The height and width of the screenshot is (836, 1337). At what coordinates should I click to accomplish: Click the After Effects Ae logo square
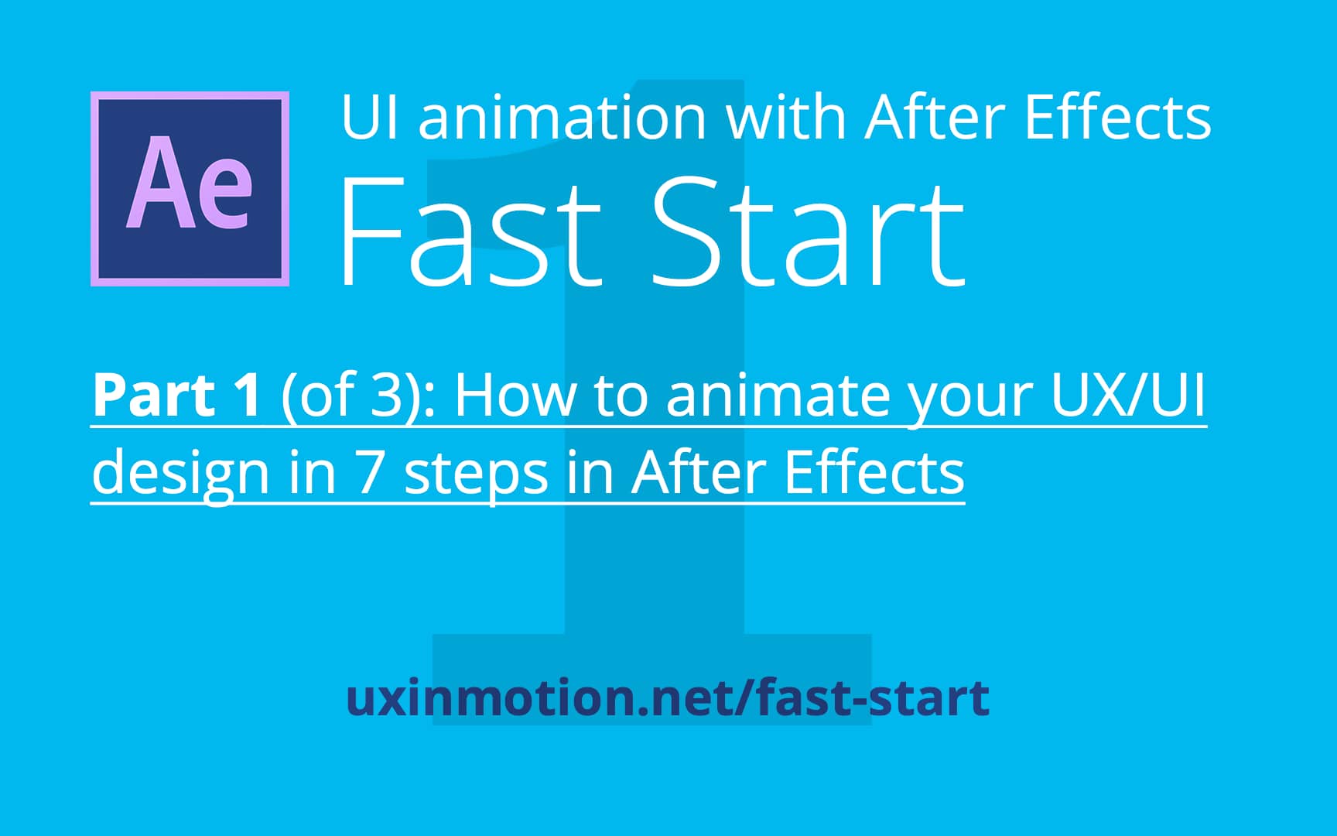tap(190, 189)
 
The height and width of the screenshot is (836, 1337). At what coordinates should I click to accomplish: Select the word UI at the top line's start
tap(369, 118)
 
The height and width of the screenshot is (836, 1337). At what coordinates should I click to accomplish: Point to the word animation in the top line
tap(562, 118)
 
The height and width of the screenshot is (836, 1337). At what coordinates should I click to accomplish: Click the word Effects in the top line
tap(1117, 118)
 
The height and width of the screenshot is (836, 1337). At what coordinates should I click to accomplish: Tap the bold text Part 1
tap(177, 396)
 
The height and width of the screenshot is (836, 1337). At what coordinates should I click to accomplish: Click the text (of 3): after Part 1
tap(357, 396)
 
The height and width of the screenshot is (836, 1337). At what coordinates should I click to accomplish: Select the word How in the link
tap(515, 396)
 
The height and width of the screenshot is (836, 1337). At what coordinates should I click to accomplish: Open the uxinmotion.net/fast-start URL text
tap(667, 697)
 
